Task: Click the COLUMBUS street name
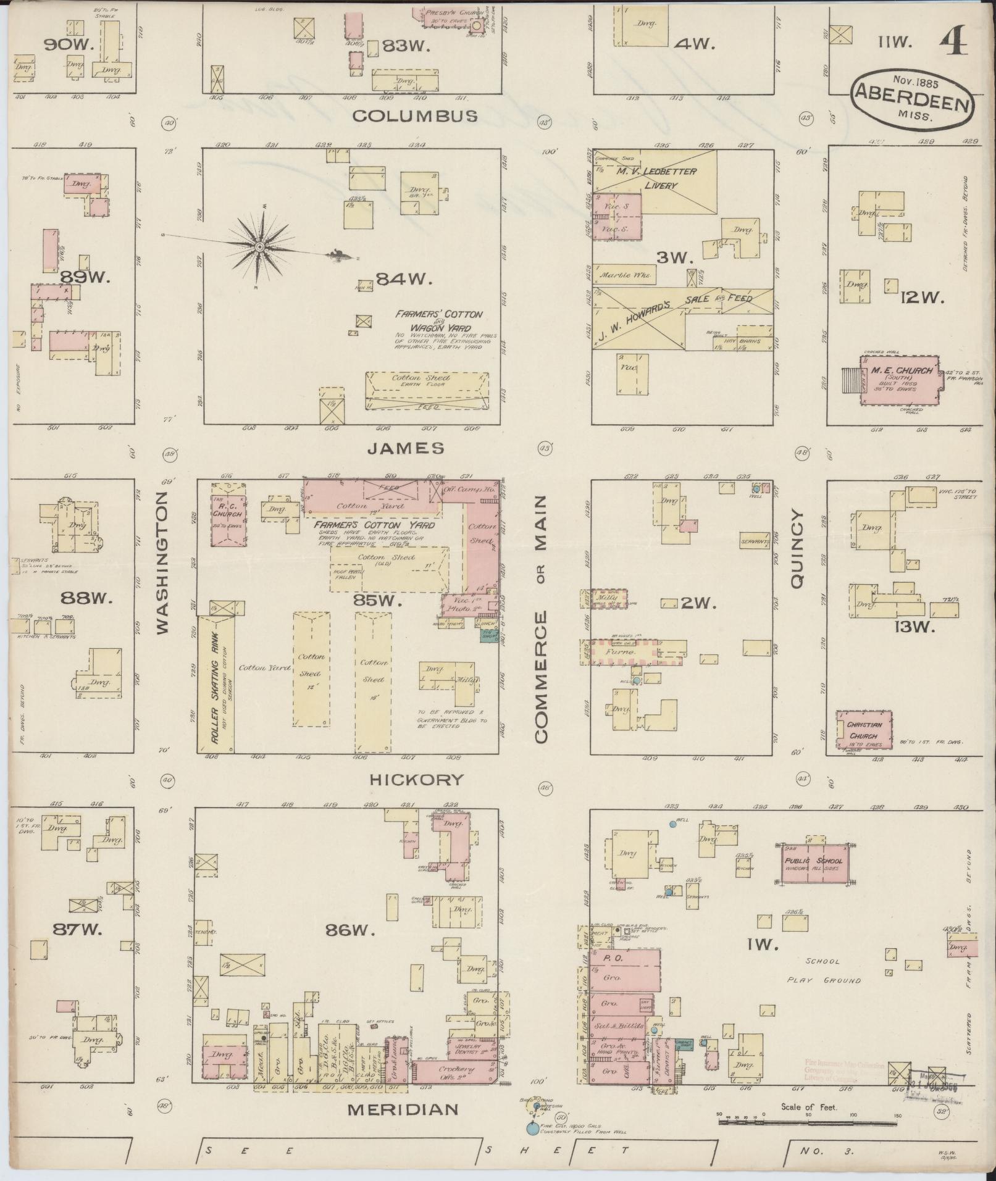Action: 415,116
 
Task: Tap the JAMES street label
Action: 405,449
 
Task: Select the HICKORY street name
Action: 416,780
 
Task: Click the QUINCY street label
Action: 797,549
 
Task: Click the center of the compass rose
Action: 260,247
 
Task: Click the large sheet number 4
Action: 954,44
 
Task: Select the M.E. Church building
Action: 900,380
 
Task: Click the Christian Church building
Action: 864,729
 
